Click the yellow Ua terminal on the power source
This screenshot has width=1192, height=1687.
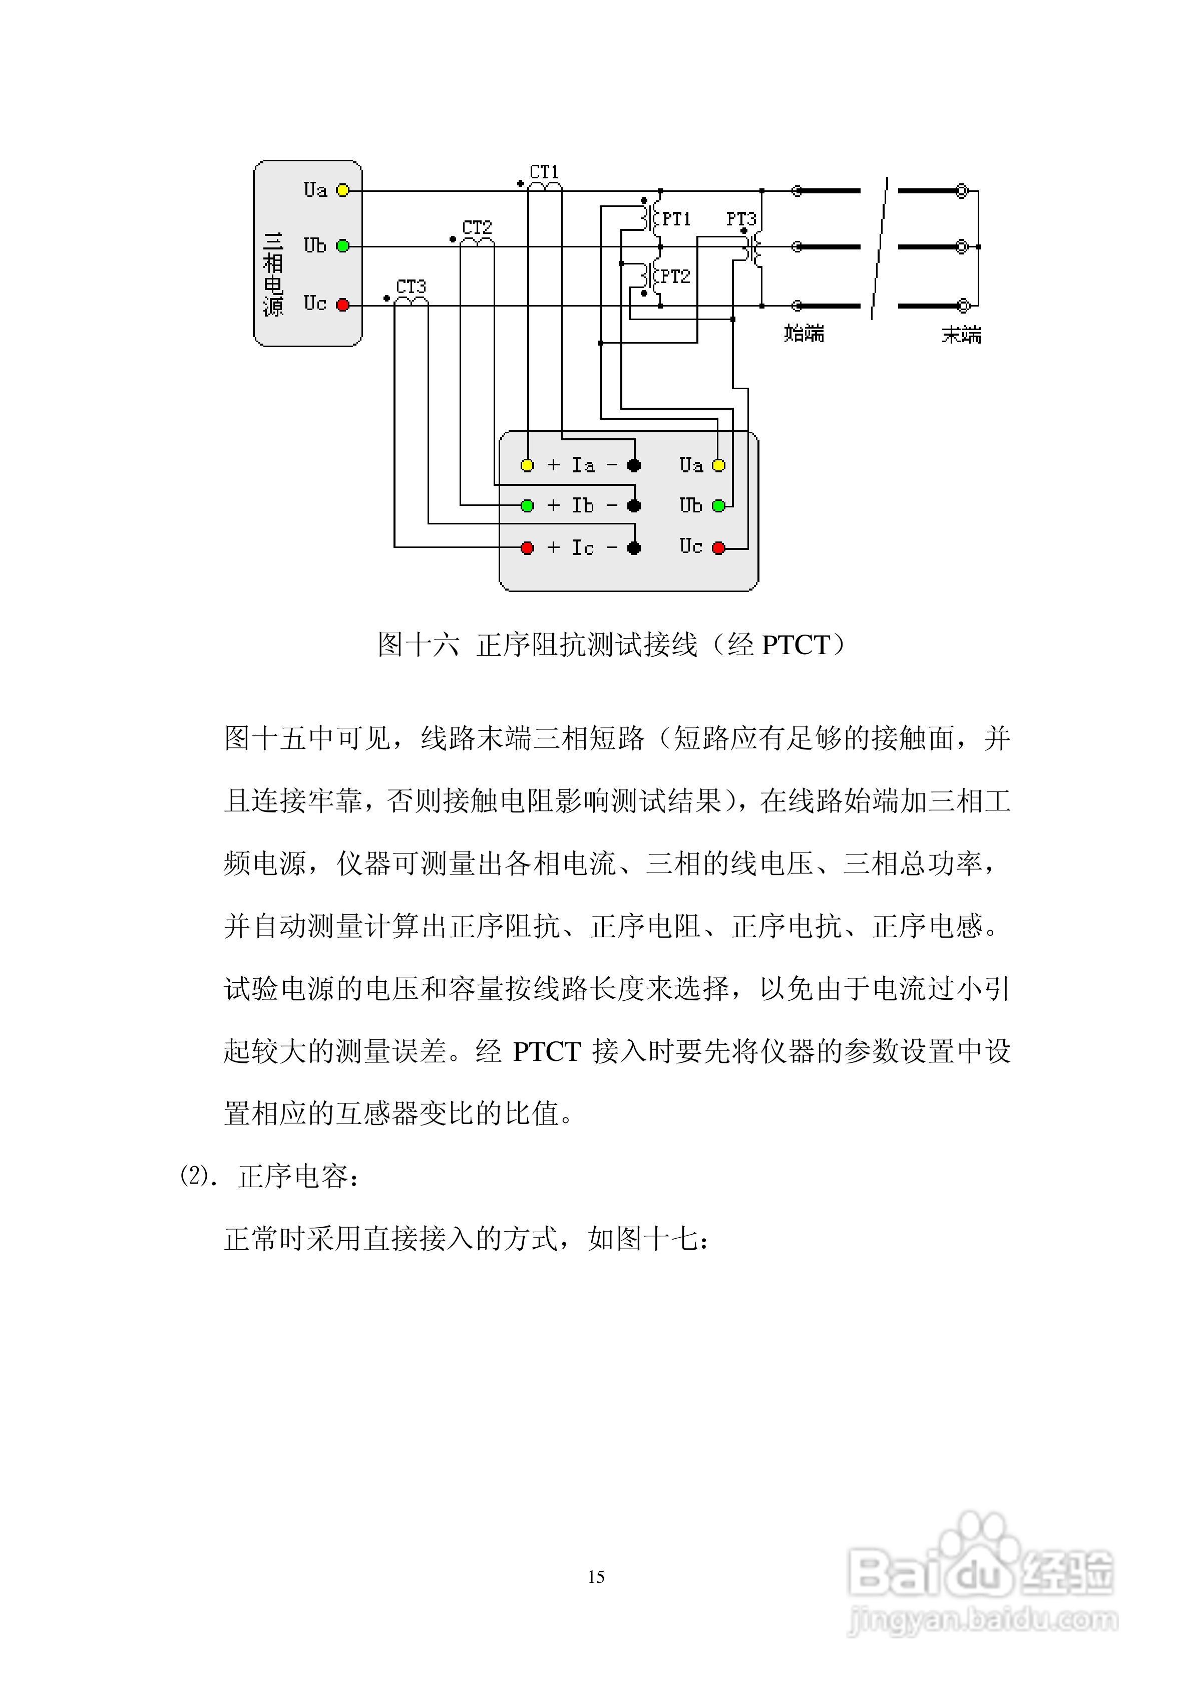(342, 191)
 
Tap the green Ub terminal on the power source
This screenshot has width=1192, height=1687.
(342, 246)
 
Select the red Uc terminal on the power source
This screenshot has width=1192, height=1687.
(342, 304)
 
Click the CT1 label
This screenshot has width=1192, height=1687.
(544, 172)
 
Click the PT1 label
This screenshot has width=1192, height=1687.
(676, 219)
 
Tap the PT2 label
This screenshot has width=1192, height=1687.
(676, 277)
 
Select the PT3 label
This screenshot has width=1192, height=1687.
(740, 219)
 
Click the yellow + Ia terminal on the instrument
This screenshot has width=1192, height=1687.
(527, 465)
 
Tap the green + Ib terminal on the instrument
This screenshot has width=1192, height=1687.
(527, 505)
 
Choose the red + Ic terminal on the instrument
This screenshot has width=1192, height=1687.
(527, 548)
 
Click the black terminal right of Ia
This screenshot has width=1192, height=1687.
(634, 465)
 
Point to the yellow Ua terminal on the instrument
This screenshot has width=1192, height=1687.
(719, 465)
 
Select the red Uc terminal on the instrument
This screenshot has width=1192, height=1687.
(719, 547)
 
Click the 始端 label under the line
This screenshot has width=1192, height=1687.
(804, 334)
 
